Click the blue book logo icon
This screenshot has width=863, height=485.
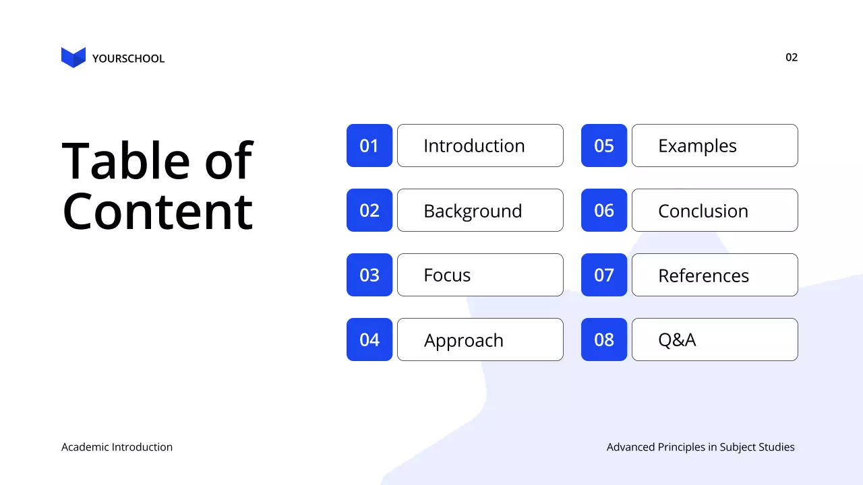tap(73, 57)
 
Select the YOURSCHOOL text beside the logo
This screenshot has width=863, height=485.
tap(128, 59)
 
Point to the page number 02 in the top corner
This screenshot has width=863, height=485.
tap(792, 57)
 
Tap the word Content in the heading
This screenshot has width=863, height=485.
tap(157, 211)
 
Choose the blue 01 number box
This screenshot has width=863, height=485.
tap(369, 145)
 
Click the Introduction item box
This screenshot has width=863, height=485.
tap(480, 145)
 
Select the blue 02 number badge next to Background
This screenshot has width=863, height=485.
tap(369, 210)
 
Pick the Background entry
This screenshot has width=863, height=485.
tap(480, 210)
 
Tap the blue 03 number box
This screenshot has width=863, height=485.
tap(369, 275)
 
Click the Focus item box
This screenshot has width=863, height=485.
tap(480, 275)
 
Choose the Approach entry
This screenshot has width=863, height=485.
tap(480, 339)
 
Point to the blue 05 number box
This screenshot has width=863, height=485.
tap(604, 145)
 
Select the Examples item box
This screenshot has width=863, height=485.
tap(715, 145)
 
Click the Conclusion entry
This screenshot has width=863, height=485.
tap(715, 210)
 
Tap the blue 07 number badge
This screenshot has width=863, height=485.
tap(604, 275)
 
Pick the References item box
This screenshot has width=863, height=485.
tap(715, 275)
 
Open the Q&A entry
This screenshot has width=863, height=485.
tap(715, 339)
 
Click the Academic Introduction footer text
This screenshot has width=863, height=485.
tap(117, 447)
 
